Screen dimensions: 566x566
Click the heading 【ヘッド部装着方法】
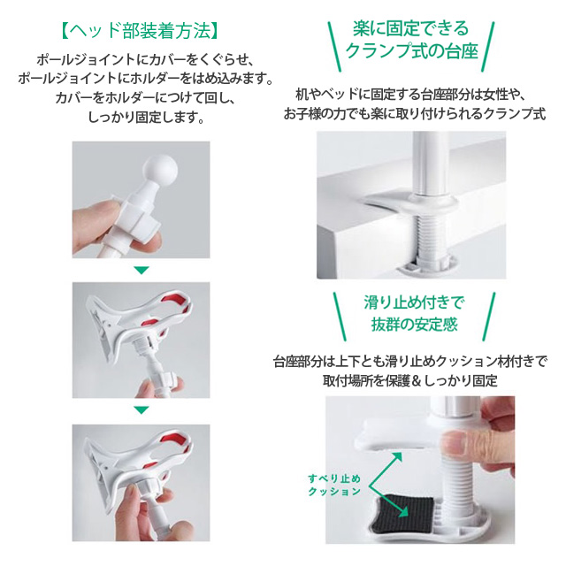point(141,31)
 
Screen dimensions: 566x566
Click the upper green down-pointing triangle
point(141,270)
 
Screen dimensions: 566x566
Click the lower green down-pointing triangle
point(141,410)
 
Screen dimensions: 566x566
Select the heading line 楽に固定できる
point(410,29)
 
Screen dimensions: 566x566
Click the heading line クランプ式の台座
point(411,51)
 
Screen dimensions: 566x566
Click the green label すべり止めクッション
point(334,485)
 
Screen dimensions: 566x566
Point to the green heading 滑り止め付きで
point(414,302)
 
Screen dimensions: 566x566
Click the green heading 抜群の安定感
point(414,325)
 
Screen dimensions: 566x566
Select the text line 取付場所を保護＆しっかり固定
point(410,381)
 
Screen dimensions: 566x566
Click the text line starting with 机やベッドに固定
point(410,95)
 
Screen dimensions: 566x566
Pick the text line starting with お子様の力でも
point(415,114)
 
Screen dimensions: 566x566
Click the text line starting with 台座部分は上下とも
point(410,362)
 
